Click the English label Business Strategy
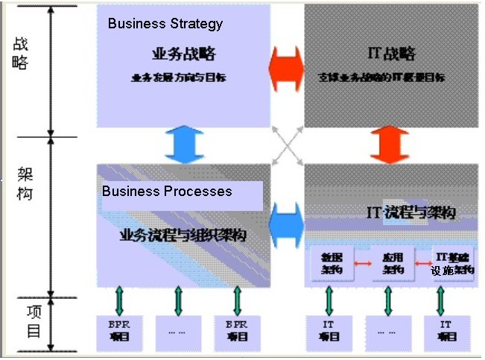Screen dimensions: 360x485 (165, 23)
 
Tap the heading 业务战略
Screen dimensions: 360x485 (183, 54)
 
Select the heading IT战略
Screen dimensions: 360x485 (391, 54)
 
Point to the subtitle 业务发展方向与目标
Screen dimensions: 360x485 (183, 77)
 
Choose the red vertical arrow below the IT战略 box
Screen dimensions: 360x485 (390, 145)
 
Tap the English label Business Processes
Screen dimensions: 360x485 (167, 192)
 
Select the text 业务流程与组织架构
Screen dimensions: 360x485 (183, 236)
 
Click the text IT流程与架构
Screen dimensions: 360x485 (411, 212)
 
